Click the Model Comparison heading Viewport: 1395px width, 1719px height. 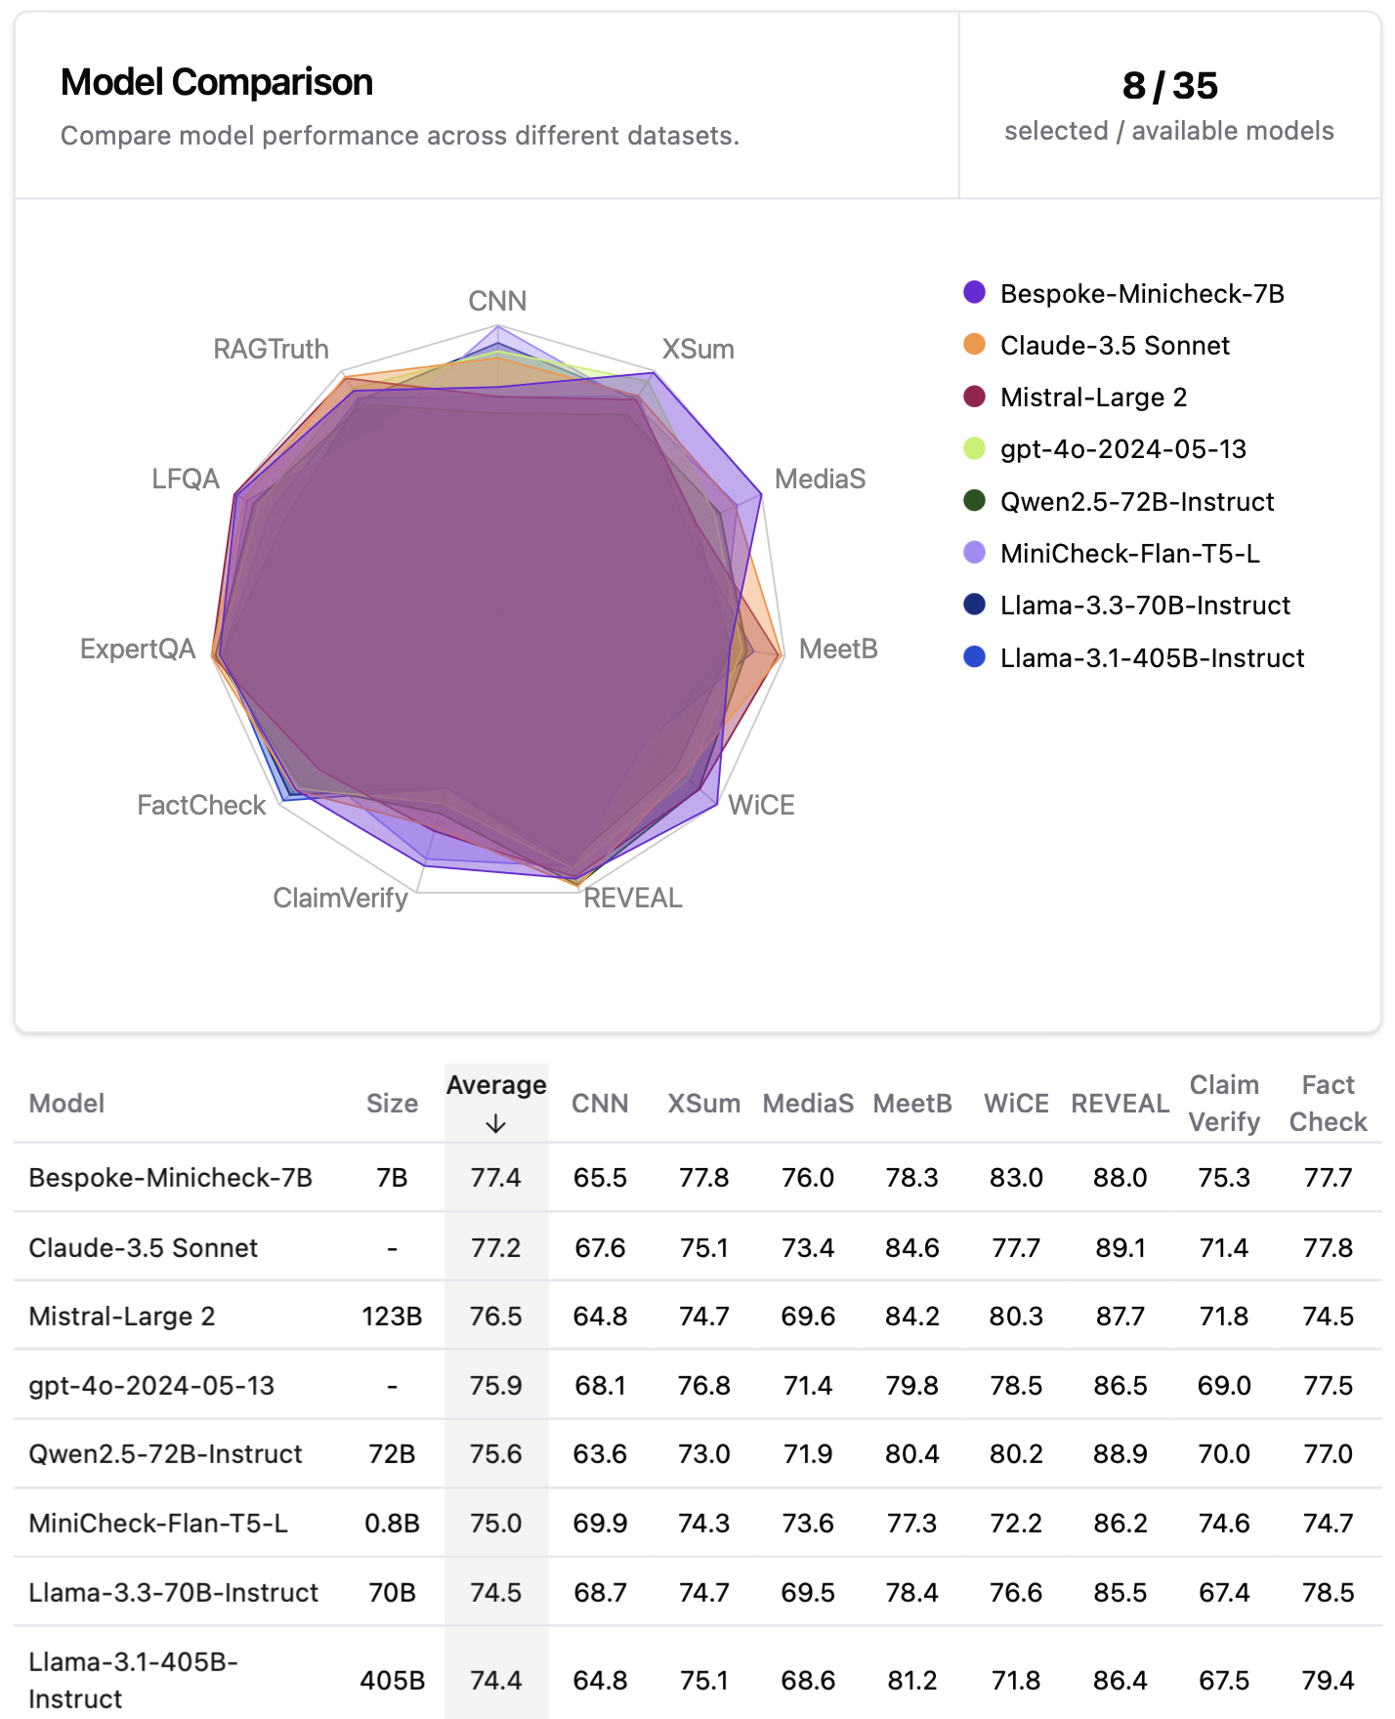217,83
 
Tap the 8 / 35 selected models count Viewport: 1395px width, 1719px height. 1169,86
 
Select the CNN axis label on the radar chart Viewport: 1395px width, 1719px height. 497,301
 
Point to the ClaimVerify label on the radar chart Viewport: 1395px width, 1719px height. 340,898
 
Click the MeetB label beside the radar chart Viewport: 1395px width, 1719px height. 838,650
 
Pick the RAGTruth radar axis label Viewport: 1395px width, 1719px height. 271,349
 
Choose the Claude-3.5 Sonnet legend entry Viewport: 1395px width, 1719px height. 1115,346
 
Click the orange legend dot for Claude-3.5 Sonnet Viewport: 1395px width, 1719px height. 974,344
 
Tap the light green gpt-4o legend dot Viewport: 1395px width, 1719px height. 974,448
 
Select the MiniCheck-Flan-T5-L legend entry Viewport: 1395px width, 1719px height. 1129,554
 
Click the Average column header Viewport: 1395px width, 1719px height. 496,1085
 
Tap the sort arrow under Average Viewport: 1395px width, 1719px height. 496,1124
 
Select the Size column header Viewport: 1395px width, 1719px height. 392,1104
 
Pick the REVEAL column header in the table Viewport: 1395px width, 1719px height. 1120,1104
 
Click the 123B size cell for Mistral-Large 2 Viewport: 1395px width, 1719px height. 392,1317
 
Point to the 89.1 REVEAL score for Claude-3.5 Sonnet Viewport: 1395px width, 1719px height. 1120,1248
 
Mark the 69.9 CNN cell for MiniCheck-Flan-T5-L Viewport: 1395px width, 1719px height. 600,1524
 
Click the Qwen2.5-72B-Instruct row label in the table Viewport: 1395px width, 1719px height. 165,1454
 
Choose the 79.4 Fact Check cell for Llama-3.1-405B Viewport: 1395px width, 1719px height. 1328,1680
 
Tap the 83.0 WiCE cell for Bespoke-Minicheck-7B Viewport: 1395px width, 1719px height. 1016,1178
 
